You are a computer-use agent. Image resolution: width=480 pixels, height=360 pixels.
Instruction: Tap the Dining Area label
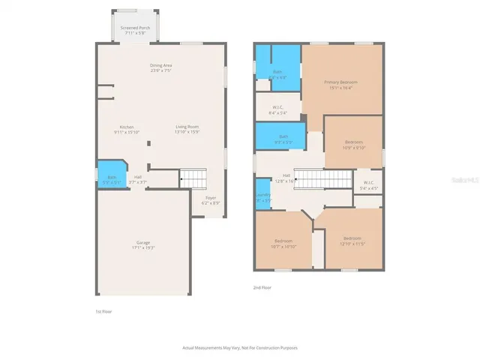point(161,67)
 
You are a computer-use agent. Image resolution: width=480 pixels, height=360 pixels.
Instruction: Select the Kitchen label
point(127,130)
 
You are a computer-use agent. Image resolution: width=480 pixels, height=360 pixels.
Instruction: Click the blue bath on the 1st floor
point(110,178)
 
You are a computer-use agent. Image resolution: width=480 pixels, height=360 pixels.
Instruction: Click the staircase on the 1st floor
point(193,179)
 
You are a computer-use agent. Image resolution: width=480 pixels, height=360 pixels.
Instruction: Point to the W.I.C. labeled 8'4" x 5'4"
point(277,110)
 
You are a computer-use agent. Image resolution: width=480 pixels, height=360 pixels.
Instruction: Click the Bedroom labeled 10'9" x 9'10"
point(354,144)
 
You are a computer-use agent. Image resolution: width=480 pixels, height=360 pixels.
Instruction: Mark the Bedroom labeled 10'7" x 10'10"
point(283,243)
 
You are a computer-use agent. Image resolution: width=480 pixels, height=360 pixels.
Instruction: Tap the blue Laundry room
point(262,196)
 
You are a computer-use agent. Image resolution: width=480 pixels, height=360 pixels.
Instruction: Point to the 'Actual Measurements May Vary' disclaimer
point(240,348)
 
